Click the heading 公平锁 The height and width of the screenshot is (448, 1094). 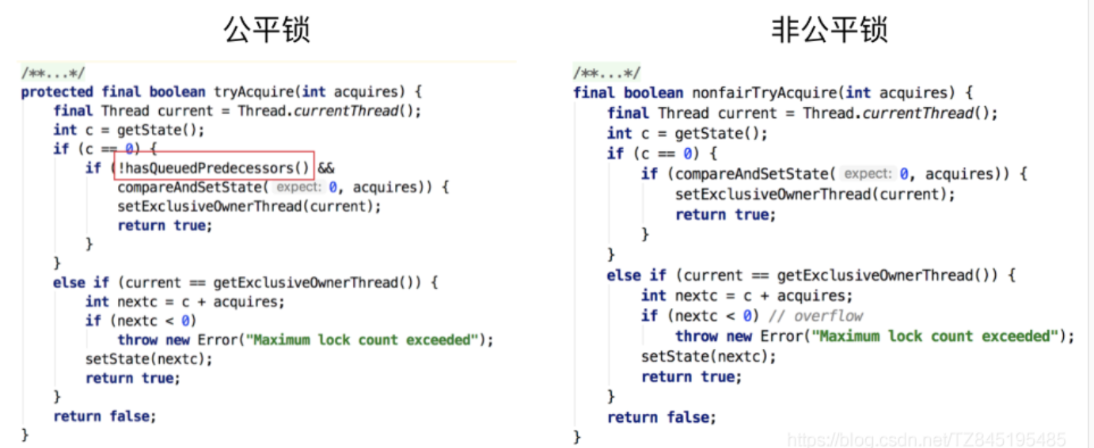(x=266, y=29)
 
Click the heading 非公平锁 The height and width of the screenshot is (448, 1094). (x=829, y=29)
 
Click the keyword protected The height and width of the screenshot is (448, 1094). (x=57, y=91)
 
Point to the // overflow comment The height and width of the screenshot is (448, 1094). (x=816, y=316)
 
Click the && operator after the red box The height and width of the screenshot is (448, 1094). (x=326, y=168)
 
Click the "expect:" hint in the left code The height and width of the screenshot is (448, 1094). (x=299, y=188)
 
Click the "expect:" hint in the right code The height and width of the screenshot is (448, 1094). (x=867, y=174)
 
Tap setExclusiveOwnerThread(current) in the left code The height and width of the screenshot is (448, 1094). (x=249, y=206)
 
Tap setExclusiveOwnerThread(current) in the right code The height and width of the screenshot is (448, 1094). (x=815, y=194)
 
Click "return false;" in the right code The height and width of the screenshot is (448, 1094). (x=661, y=416)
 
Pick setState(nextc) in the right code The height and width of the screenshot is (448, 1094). (x=708, y=357)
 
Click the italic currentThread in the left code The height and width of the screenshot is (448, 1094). (x=345, y=111)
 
